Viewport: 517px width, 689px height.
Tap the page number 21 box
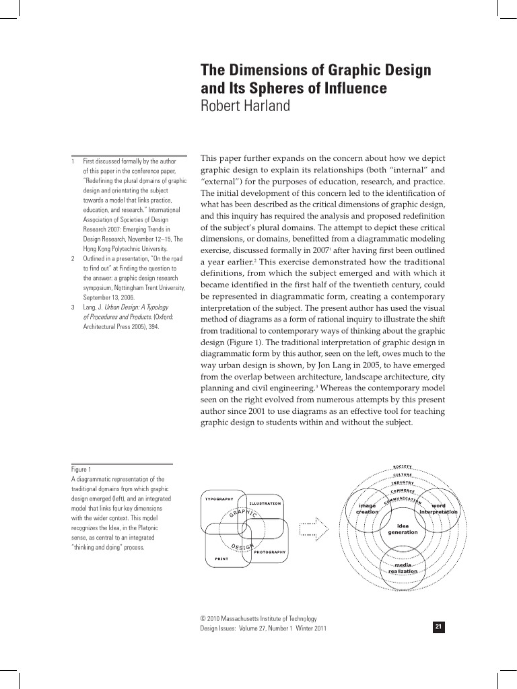tap(438, 627)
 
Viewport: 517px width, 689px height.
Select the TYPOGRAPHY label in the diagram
tap(219, 499)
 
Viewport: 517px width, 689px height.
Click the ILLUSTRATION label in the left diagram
tap(265, 503)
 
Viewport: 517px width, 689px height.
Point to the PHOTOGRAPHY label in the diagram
tap(270, 552)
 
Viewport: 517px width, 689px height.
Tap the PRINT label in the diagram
tap(221, 558)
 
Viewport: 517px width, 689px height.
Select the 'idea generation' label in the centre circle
tap(403, 529)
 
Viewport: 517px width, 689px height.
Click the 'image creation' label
tap(367, 509)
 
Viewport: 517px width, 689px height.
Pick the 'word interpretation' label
tap(438, 509)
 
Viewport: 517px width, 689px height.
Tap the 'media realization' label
tap(403, 568)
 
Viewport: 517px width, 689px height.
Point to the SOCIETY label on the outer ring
tap(403, 467)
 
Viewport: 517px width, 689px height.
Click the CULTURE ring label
tap(403, 475)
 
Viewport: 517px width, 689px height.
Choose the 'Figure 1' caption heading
tap(81, 470)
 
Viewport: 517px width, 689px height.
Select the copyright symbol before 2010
tap(203, 618)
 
